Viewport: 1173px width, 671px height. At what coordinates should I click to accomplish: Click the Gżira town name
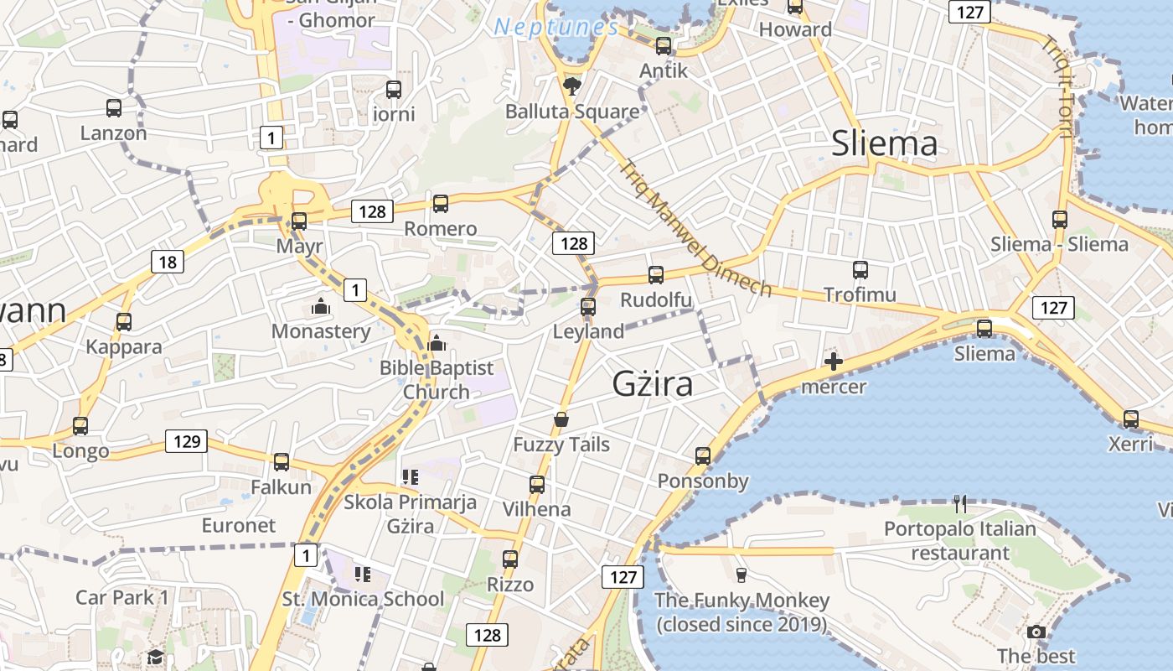[653, 383]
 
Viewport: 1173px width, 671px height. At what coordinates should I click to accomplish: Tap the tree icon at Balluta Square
[572, 86]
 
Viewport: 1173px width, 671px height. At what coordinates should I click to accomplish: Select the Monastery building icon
[321, 307]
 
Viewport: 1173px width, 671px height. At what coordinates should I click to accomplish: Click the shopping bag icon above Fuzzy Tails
[561, 419]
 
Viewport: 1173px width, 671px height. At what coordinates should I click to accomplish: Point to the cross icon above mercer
[834, 362]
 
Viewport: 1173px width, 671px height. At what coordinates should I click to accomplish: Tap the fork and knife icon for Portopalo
[960, 504]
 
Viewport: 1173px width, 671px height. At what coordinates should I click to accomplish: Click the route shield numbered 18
[168, 263]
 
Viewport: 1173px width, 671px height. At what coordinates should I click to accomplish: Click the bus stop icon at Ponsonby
[703, 456]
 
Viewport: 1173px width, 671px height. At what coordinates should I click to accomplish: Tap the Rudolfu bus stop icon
[656, 275]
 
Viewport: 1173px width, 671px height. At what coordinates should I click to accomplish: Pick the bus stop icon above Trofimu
[860, 270]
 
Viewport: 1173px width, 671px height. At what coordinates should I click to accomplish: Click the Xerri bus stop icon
[1131, 419]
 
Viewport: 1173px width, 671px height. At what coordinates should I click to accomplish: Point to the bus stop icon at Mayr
[299, 221]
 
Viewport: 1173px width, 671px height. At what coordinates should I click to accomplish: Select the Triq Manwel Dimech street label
[695, 227]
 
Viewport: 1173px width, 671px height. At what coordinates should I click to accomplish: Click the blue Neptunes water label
[556, 27]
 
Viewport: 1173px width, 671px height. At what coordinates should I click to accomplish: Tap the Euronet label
[239, 525]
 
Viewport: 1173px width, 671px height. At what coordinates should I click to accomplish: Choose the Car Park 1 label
[122, 597]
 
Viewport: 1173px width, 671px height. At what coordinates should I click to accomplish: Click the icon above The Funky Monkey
[741, 575]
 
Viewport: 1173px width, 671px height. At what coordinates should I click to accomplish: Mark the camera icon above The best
[1036, 632]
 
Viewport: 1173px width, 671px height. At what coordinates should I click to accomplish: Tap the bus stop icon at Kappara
[124, 321]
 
